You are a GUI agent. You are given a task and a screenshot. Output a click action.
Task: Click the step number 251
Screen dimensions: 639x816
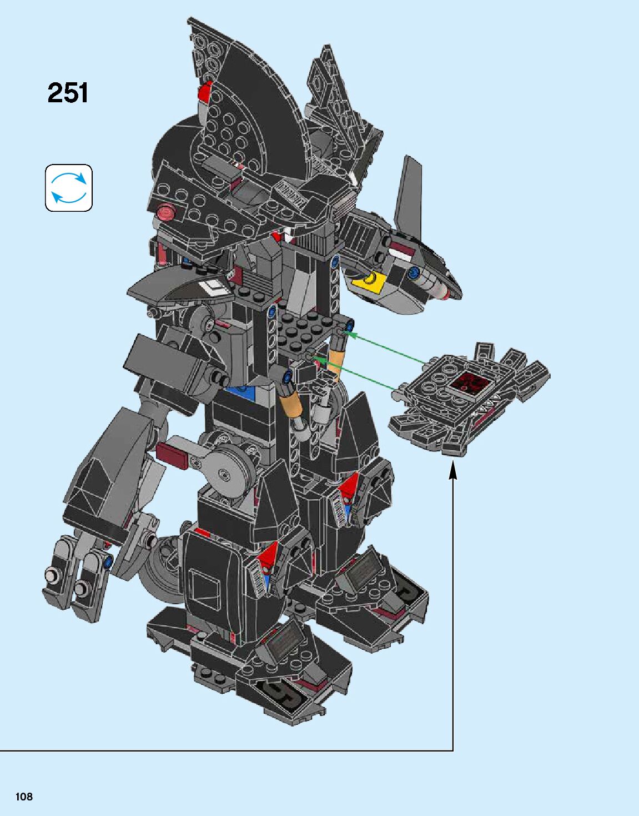tap(68, 93)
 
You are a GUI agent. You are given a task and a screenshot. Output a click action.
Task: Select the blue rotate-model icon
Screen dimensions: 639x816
tap(69, 188)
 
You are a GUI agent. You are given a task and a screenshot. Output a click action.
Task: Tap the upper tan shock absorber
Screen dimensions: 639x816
tap(338, 355)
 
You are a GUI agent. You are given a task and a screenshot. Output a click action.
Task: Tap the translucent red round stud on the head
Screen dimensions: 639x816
tap(165, 212)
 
